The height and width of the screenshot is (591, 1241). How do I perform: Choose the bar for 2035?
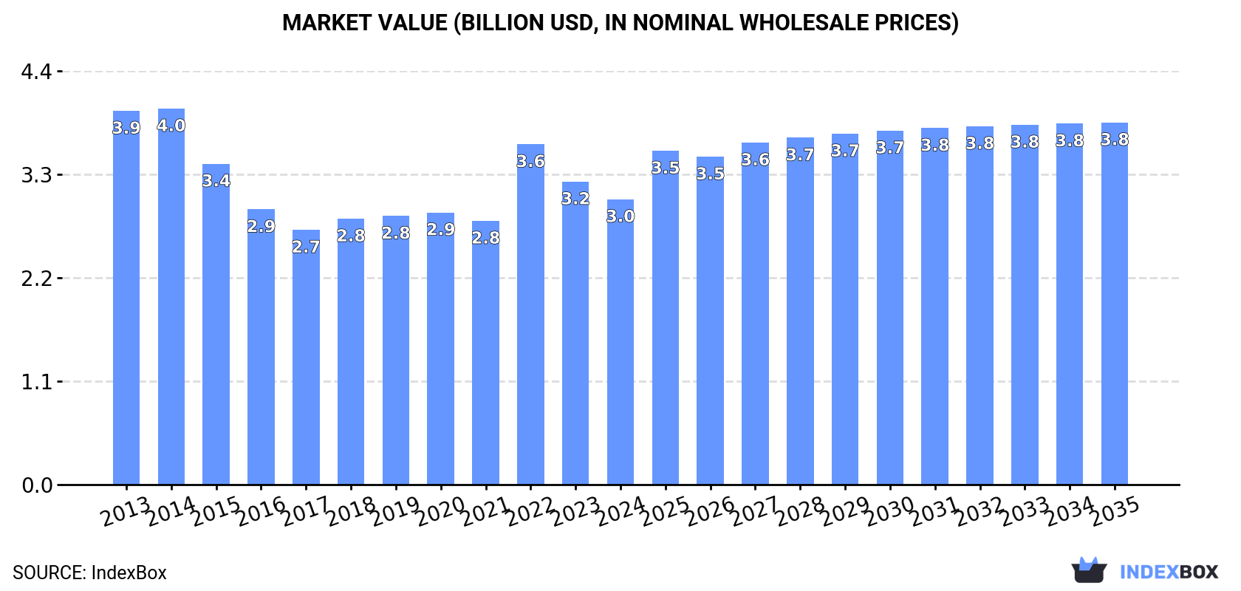click(1115, 304)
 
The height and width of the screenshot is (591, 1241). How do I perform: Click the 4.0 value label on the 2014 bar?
click(171, 126)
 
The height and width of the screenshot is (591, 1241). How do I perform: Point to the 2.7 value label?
click(306, 247)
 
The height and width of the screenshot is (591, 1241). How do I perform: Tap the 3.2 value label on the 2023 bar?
click(575, 199)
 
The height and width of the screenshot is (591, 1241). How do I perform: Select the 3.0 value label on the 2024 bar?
click(620, 216)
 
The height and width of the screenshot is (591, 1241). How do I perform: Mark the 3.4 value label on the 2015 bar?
click(216, 181)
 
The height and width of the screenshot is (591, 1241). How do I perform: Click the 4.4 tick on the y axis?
click(36, 72)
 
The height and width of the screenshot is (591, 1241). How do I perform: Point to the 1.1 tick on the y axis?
click(36, 382)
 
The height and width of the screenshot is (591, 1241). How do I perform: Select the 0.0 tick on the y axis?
click(36, 485)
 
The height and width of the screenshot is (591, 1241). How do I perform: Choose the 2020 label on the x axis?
click(441, 512)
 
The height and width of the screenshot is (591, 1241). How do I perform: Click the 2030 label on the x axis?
click(890, 512)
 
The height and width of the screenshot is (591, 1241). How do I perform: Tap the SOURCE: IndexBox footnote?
click(89, 573)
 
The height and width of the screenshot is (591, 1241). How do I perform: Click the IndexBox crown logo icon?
click(1089, 570)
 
